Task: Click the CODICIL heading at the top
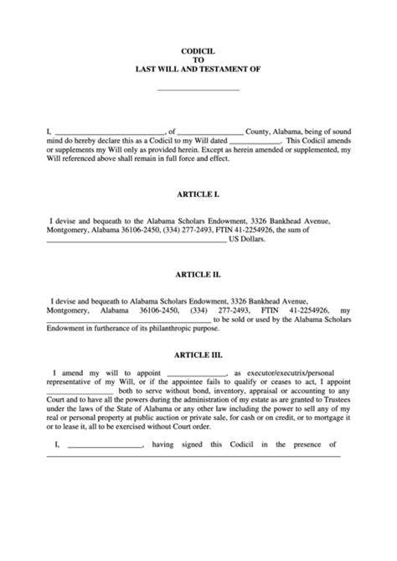198,50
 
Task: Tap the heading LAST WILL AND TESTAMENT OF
198,70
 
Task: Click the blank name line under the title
198,89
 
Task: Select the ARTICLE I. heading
198,195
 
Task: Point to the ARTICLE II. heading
198,273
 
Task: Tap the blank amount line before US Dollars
134,240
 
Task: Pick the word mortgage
322,427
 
